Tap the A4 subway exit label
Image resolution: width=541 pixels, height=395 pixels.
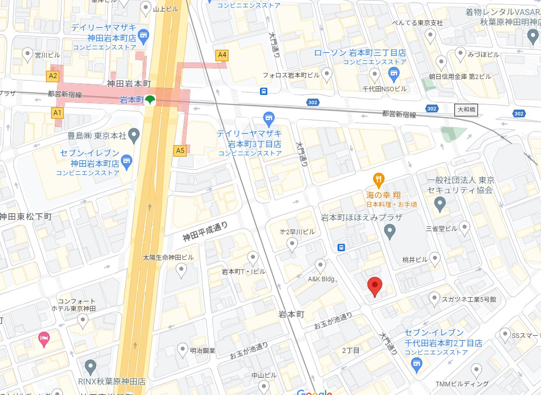(222, 55)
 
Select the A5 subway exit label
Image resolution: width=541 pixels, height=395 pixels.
(180, 150)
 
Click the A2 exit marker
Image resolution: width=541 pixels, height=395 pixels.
(53, 76)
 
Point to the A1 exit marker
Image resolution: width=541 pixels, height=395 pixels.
(57, 112)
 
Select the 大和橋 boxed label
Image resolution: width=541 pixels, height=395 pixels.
(466, 110)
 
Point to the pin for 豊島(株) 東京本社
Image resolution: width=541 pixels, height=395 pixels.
(134, 134)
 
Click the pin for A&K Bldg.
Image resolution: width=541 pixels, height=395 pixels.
(321, 264)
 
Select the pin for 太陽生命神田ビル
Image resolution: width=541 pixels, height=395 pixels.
(182, 271)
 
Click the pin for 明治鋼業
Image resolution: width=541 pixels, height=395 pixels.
(182, 348)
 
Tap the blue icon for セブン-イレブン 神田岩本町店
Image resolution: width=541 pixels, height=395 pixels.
(126, 160)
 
